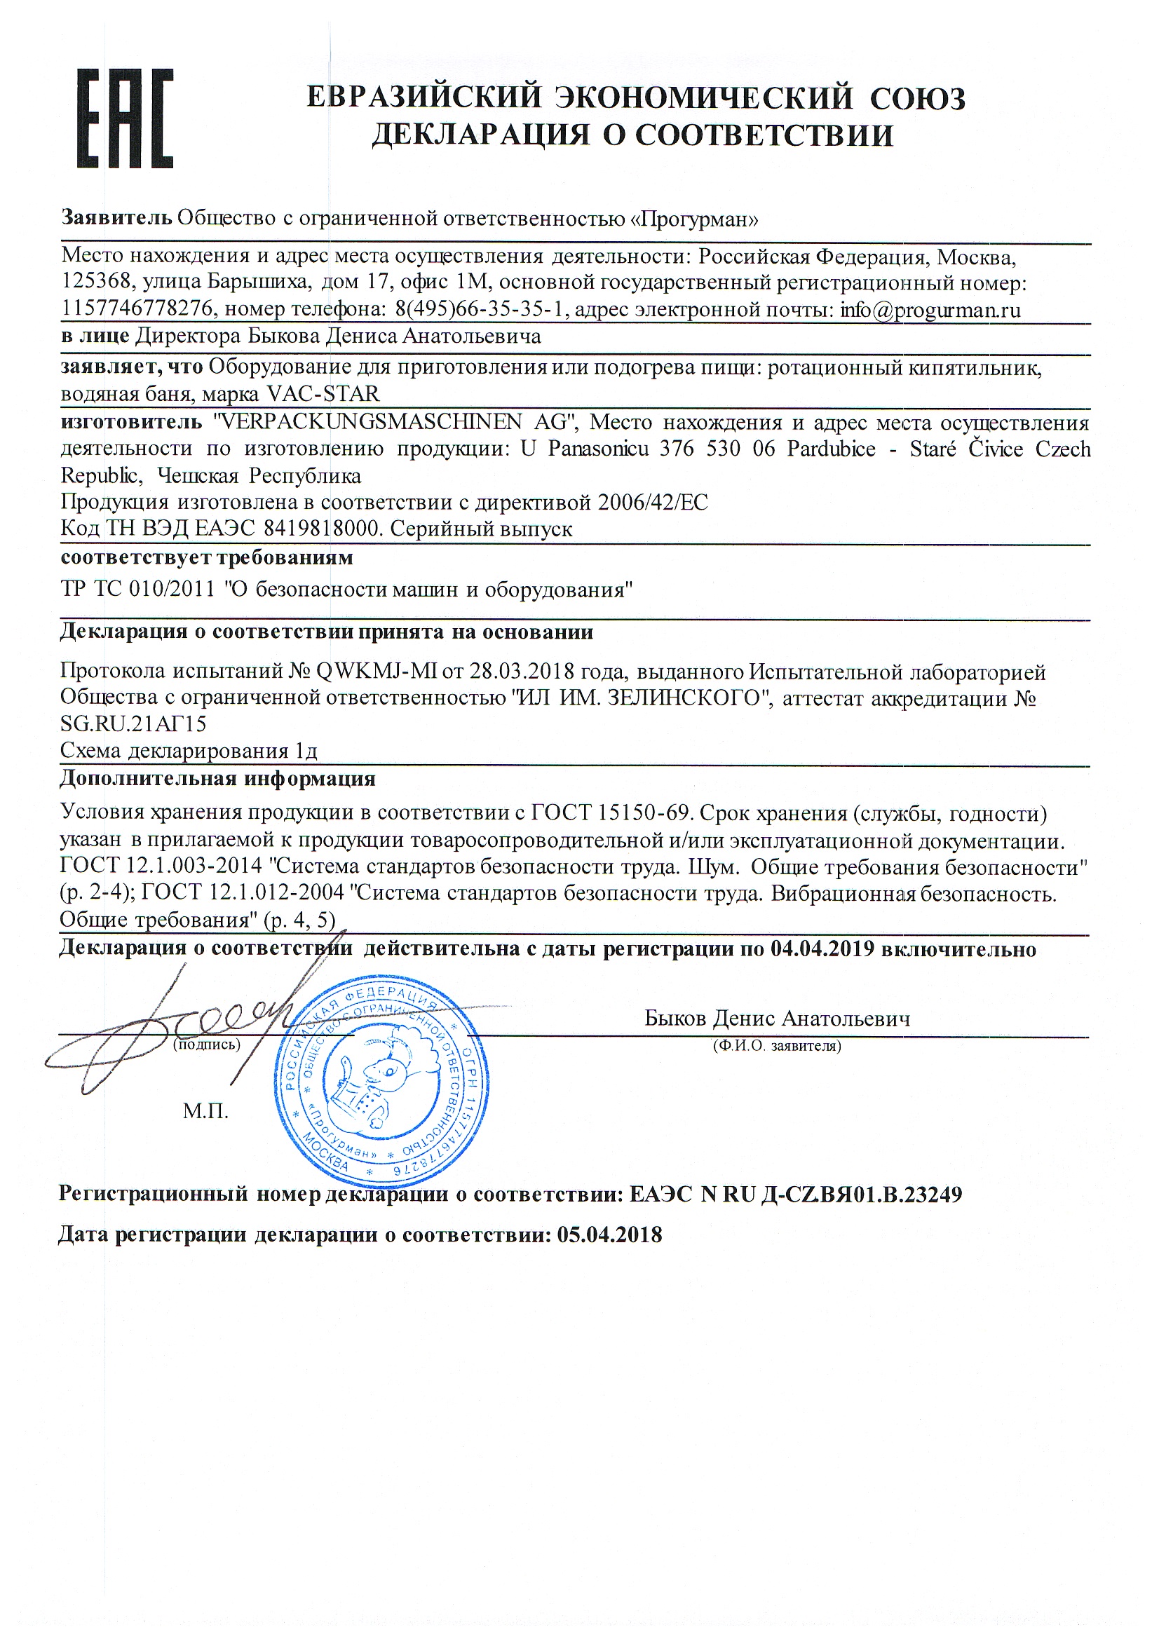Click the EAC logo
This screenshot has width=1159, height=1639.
tap(124, 118)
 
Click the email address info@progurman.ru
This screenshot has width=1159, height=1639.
tap(930, 310)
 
